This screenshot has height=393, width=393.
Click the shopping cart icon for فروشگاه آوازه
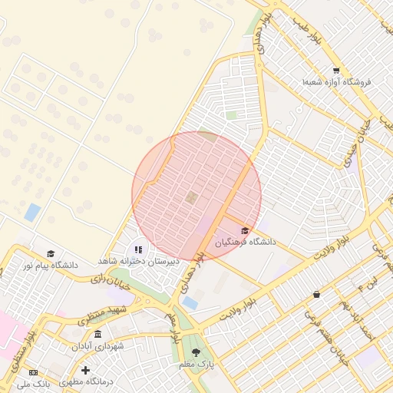336,71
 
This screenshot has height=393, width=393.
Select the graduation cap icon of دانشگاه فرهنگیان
245,230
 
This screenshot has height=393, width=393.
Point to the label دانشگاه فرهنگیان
245,243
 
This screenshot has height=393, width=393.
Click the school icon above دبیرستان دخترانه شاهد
138,249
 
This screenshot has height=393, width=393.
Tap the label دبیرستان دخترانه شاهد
138,261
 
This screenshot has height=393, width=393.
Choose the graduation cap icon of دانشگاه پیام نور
51,253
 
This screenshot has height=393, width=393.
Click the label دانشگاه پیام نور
50,265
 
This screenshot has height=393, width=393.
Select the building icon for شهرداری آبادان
97,335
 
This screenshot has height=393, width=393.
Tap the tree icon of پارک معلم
197,352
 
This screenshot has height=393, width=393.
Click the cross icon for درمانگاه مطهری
85,370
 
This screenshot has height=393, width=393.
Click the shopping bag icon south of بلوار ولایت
316,294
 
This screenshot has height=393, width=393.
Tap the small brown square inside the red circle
190,198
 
